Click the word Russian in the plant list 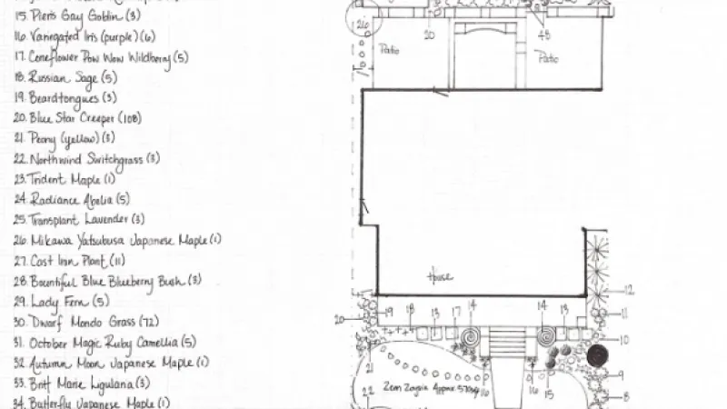coord(48,78)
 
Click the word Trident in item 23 coord(45,179)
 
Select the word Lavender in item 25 coord(105,219)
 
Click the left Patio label coord(388,50)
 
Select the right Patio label coord(547,59)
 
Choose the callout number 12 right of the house coord(628,291)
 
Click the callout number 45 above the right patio coord(544,35)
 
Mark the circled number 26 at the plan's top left coord(363,24)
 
